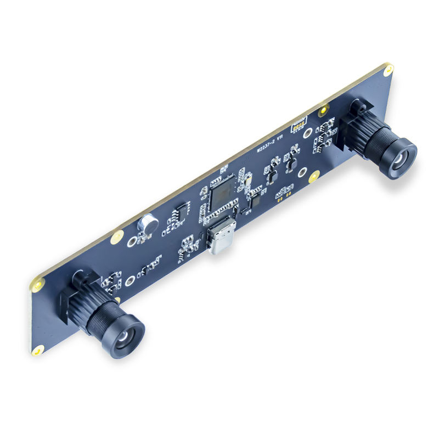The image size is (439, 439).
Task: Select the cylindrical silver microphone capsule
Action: pyautogui.click(x=148, y=223)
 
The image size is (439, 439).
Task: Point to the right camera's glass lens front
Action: pyautogui.click(x=399, y=160)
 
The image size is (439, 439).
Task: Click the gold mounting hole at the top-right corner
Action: pyautogui.click(x=389, y=70)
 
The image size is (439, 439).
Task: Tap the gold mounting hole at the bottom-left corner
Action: pyautogui.click(x=38, y=350)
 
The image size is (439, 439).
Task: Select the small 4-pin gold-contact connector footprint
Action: pyautogui.click(x=298, y=126)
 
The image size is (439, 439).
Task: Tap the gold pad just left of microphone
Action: pyautogui.click(x=117, y=237)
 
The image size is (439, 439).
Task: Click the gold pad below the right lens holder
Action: pyautogui.click(x=314, y=177)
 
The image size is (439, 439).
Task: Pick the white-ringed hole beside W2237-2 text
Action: pyautogui.click(x=308, y=133)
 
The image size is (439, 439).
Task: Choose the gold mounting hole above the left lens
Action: pyautogui.click(x=38, y=285)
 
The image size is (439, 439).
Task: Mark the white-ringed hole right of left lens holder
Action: pyautogui.click(x=130, y=281)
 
